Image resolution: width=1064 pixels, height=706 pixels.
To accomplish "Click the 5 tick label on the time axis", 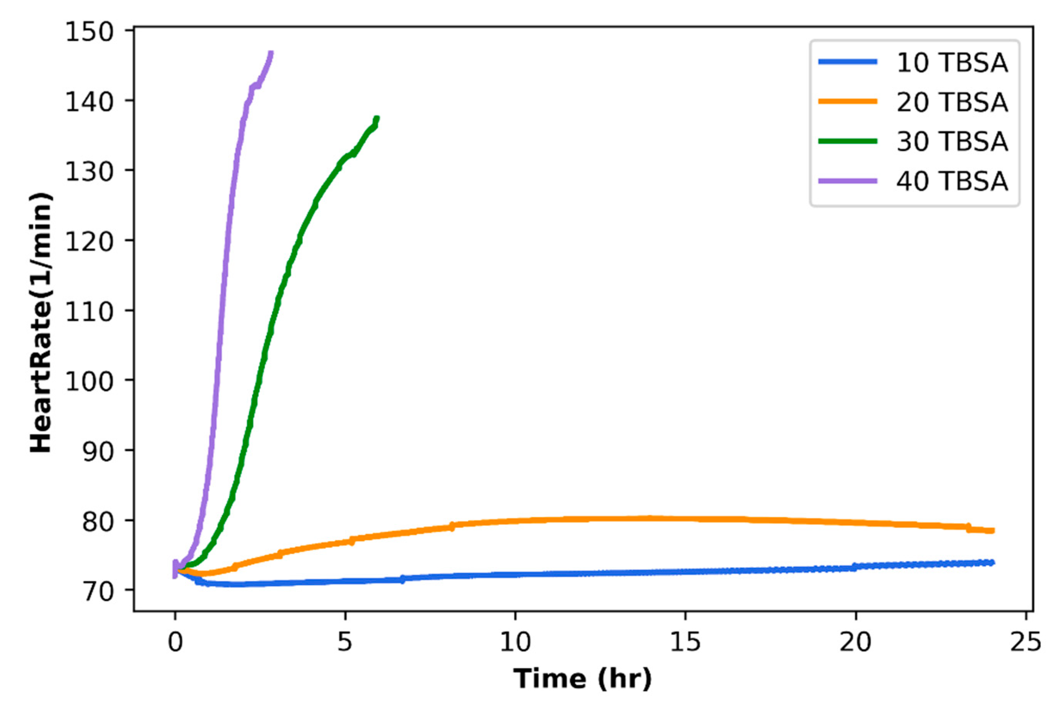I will pyautogui.click(x=345, y=642).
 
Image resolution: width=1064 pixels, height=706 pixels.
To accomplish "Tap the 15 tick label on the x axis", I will pyautogui.click(x=685, y=642).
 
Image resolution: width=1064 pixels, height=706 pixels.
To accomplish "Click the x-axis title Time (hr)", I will pyautogui.click(x=582, y=679).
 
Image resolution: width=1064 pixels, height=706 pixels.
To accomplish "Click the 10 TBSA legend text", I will pyautogui.click(x=952, y=63).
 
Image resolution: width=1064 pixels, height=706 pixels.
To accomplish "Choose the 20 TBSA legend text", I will pyautogui.click(x=952, y=102).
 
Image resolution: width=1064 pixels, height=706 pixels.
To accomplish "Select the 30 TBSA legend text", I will pyautogui.click(x=952, y=142).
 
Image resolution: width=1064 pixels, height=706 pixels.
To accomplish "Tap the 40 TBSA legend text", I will pyautogui.click(x=952, y=181).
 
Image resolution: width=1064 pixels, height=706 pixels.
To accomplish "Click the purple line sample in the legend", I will pyautogui.click(x=848, y=181).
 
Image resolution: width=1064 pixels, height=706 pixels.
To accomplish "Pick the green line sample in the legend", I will pyautogui.click(x=848, y=142).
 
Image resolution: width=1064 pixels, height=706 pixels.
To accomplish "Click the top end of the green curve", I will pyautogui.click(x=377, y=118).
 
